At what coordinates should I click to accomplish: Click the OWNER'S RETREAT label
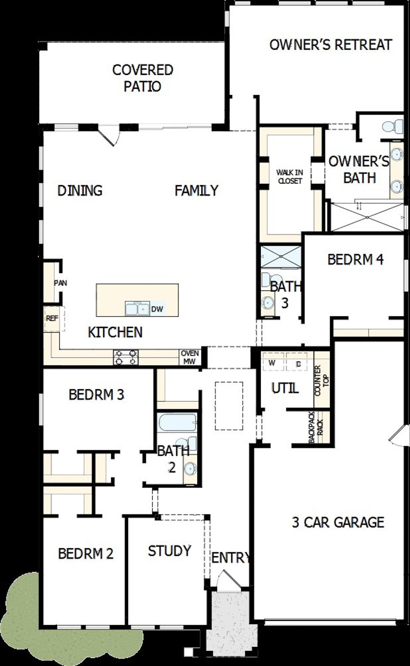(331, 45)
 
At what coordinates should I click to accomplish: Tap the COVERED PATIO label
(143, 78)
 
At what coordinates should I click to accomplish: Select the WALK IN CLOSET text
(290, 177)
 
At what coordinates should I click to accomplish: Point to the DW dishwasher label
(157, 309)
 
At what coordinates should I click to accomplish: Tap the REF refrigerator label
(52, 318)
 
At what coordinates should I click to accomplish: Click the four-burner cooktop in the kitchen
(126, 357)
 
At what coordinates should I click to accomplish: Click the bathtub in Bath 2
(177, 423)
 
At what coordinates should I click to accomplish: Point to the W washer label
(272, 363)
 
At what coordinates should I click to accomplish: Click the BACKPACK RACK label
(316, 427)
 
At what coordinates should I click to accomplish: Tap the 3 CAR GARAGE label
(338, 522)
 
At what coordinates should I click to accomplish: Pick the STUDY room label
(169, 551)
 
